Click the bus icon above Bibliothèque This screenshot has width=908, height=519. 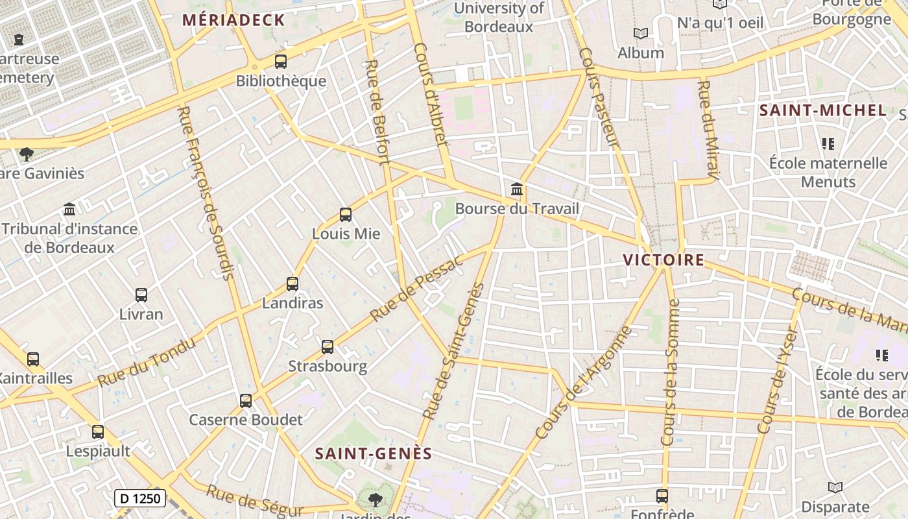point(280,62)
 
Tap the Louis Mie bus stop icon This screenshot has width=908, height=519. point(346,214)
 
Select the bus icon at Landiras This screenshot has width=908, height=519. point(293,284)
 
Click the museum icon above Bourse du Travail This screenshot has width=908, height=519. point(517,189)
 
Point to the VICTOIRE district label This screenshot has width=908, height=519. point(663,260)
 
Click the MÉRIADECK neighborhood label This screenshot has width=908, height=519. point(233,20)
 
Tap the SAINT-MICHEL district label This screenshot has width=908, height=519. point(822,110)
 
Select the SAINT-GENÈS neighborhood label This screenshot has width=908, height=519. point(374,453)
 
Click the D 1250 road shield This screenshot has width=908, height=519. point(140,498)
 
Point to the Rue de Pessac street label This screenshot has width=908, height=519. point(417,289)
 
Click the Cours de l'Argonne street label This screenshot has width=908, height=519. point(584,383)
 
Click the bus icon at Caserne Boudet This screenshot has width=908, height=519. point(245,400)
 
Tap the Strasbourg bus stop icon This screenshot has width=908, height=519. point(328,346)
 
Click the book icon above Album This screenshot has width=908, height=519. point(640,33)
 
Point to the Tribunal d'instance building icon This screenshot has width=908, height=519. point(69,209)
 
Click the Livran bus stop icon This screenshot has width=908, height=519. point(141,295)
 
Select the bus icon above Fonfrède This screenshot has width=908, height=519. point(662,496)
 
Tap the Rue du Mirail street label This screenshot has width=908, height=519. point(708,130)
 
